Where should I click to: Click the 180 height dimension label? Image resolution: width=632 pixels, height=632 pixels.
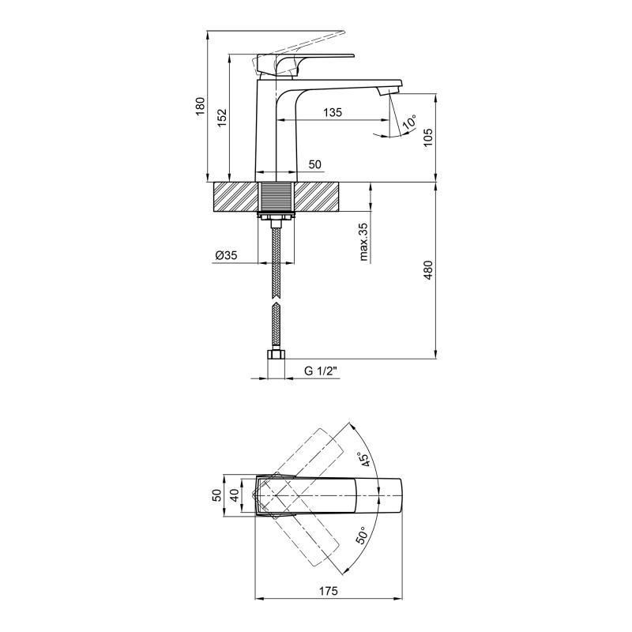201,107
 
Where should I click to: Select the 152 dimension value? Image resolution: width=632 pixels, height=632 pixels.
223,118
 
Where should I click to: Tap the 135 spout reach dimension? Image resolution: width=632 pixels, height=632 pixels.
333,112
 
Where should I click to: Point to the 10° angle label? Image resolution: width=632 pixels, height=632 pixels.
408,123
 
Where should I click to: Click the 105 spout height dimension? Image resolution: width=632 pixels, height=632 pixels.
428,137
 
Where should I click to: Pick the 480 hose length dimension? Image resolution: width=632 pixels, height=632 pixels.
428,270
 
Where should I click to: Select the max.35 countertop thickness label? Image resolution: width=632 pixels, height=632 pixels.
363,242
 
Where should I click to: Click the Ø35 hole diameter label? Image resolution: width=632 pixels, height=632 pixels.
226,255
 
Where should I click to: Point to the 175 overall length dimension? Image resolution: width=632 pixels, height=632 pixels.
329,591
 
